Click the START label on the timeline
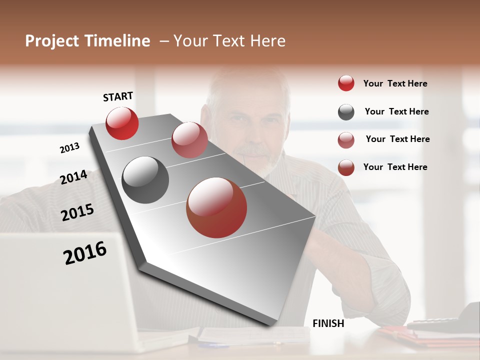coord(118,96)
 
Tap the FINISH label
coord(328,323)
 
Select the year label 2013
coord(69,147)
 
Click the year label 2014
coord(73,177)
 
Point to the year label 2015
coord(77,212)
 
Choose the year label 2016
coord(85,252)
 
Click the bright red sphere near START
coord(122,123)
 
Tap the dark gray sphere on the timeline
coord(145,180)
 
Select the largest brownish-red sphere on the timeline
coord(216,207)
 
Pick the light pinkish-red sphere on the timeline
coord(189,140)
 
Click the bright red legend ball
coord(346,83)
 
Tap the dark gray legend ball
coord(346,112)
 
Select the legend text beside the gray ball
coord(396,111)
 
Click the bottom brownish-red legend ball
coord(346,167)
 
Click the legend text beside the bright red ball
coord(395,83)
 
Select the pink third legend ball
coord(346,140)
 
